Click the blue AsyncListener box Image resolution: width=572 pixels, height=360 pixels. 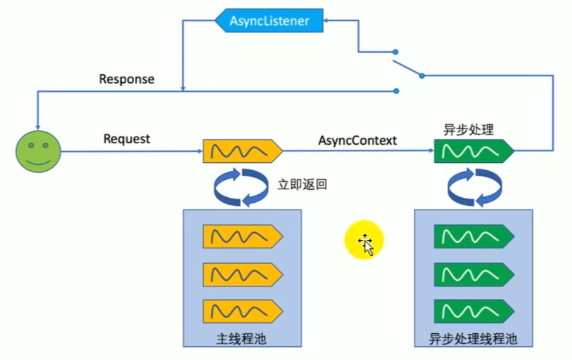[270, 21]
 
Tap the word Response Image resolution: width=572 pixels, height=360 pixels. [127, 80]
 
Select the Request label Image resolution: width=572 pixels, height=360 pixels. [127, 139]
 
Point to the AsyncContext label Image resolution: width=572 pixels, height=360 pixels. [357, 140]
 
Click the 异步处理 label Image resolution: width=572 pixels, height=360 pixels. [468, 130]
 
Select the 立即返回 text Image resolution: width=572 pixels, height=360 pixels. [302, 185]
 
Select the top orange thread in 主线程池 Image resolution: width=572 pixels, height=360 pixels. [242, 236]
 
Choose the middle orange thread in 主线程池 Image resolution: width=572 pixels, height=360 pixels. [242, 274]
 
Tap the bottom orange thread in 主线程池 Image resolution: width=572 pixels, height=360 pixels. [242, 311]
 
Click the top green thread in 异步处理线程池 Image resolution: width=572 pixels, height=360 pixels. [473, 236]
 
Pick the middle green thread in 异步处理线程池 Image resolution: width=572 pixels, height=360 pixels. [473, 274]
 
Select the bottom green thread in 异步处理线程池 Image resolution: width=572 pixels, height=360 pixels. [473, 311]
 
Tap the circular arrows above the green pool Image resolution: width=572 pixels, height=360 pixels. [474, 186]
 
